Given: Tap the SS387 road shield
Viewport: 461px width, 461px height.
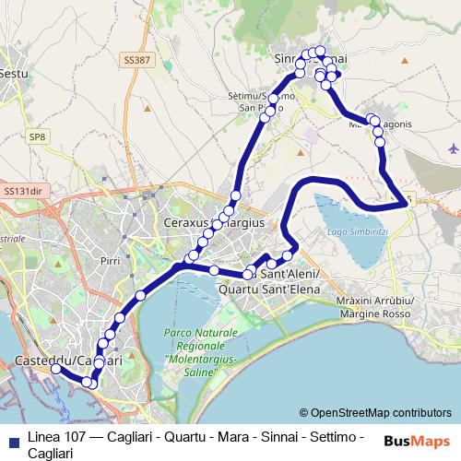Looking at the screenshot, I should [x=135, y=59].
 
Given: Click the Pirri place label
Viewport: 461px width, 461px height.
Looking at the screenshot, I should [x=111, y=262].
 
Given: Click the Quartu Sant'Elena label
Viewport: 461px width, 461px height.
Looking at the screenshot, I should [x=266, y=289].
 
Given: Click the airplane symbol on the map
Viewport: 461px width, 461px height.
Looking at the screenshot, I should [x=452, y=148].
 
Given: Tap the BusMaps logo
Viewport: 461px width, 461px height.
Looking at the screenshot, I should [x=417, y=441].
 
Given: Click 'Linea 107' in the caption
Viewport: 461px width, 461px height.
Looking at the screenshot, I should [x=53, y=435].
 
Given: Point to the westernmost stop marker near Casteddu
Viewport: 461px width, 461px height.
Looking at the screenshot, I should [x=55, y=369].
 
